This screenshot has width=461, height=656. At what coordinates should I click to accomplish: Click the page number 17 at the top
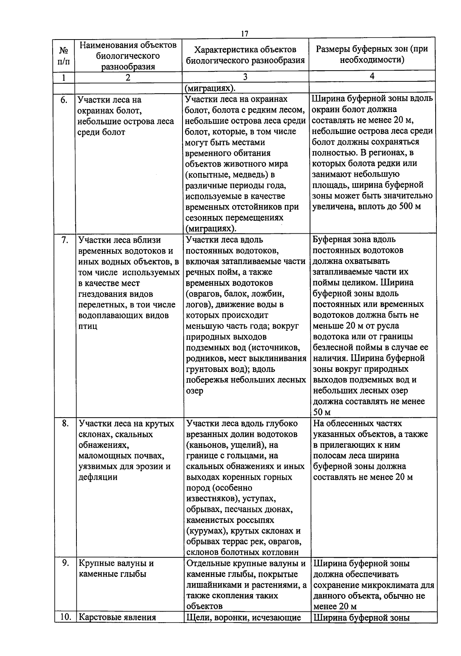[244, 34]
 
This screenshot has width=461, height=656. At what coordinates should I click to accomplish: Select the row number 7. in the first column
[65, 240]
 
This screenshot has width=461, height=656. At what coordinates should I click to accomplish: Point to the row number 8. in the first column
[65, 423]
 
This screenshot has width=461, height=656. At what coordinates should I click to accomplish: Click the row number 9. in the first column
[65, 563]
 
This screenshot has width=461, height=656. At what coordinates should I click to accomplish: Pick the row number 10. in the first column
[65, 617]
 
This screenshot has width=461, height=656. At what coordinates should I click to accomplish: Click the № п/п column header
[64, 56]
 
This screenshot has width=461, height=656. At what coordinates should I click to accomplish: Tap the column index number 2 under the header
[128, 77]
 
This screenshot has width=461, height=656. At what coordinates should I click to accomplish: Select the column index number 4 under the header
[372, 76]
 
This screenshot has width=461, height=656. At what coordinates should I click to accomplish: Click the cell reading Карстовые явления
[117, 617]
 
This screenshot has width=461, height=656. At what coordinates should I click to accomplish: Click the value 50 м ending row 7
[322, 413]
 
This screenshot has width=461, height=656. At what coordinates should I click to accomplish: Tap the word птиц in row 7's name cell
[88, 326]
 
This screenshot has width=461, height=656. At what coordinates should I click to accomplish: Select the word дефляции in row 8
[98, 477]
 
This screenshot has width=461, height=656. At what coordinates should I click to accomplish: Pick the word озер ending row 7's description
[195, 391]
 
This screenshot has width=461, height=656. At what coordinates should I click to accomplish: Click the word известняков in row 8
[209, 499]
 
